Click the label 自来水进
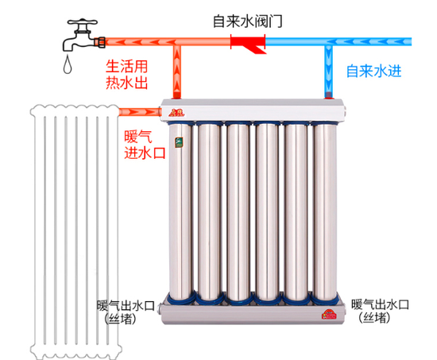(x=373, y=71)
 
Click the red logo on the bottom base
(x=328, y=315)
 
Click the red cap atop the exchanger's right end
(x=328, y=97)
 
